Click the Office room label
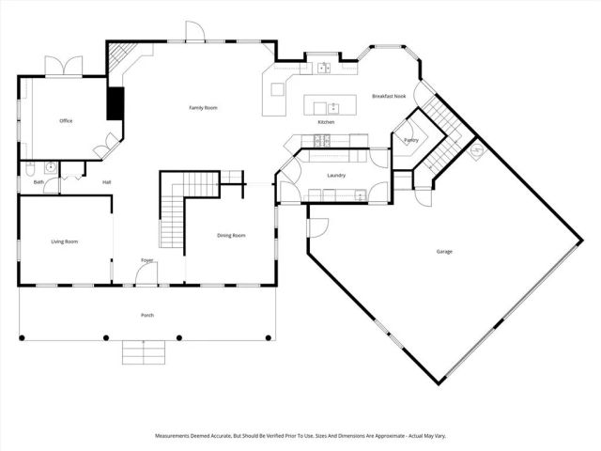66,121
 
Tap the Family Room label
204,108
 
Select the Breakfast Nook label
389,96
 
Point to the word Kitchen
326,122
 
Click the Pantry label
410,140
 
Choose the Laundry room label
338,176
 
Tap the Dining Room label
231,235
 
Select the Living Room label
64,241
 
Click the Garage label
444,251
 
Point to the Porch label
147,315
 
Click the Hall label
107,181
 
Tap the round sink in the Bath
51,168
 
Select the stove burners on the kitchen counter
323,141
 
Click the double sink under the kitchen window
323,68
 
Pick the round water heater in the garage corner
477,150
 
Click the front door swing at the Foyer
146,273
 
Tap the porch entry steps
145,352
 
